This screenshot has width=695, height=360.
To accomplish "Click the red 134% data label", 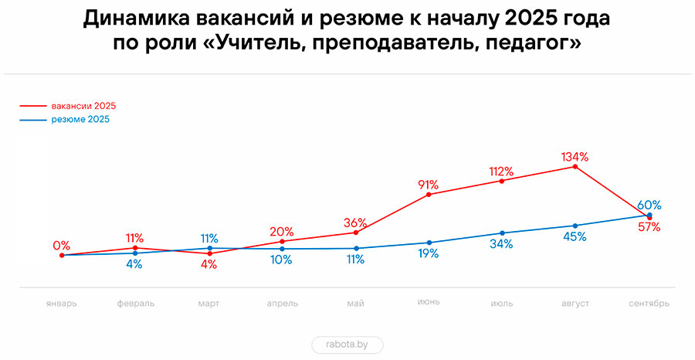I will click(x=575, y=157).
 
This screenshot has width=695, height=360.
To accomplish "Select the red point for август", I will click(x=575, y=166).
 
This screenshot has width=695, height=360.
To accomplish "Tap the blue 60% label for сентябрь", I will click(x=649, y=205).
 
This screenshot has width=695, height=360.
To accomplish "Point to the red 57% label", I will click(x=649, y=227).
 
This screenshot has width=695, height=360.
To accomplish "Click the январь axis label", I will click(x=61, y=304).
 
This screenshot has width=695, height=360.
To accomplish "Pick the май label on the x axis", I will click(x=355, y=304).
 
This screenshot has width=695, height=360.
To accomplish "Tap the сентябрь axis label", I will click(x=649, y=304).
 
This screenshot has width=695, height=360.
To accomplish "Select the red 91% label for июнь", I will click(x=429, y=185).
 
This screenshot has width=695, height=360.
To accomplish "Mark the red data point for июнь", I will click(x=429, y=195).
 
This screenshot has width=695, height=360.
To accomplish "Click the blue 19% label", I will click(x=429, y=253).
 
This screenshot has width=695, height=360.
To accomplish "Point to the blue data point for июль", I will click(x=502, y=233).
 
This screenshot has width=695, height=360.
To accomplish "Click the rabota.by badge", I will click(x=347, y=345).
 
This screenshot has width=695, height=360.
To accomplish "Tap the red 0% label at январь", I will click(x=62, y=246).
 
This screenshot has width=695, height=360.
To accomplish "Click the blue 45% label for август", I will click(x=575, y=236).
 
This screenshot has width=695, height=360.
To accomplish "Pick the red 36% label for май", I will click(x=355, y=222).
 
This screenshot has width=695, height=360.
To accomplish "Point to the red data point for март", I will click(x=208, y=253).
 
